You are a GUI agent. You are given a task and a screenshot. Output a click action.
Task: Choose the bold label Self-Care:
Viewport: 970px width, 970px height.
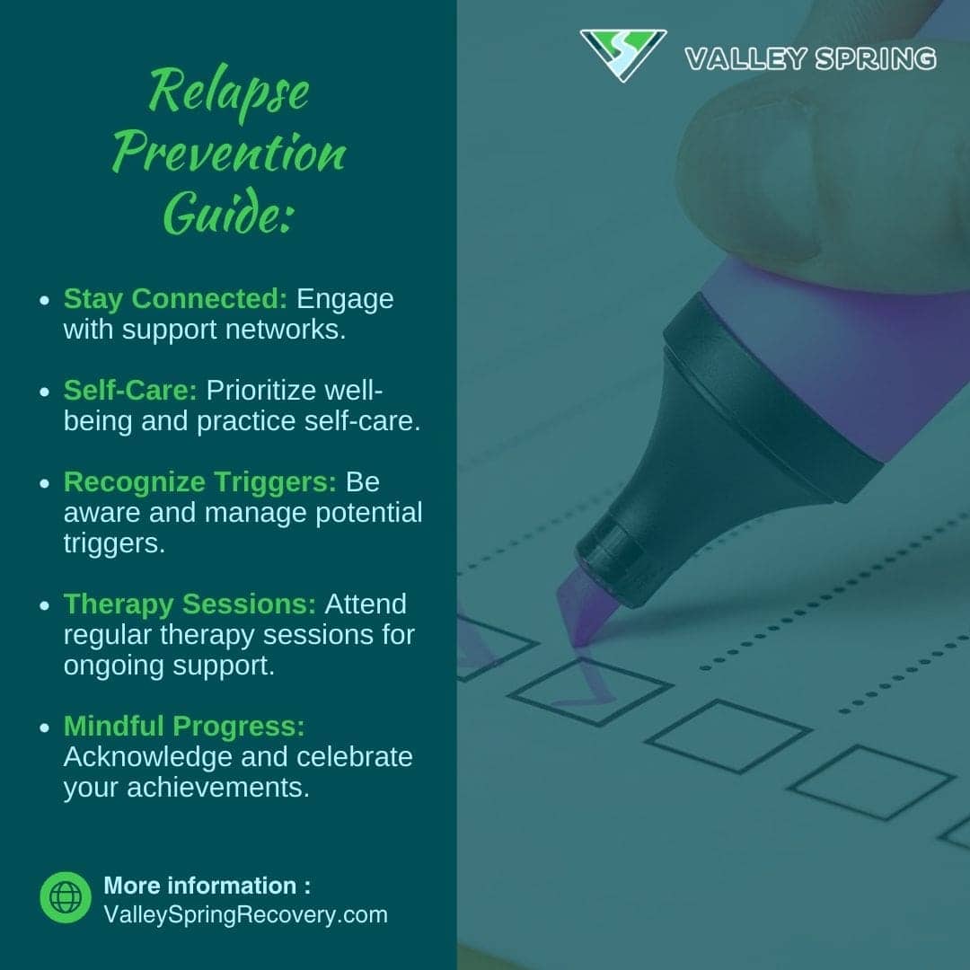click(131, 391)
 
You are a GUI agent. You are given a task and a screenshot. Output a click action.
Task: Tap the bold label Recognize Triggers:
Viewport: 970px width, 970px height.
click(199, 482)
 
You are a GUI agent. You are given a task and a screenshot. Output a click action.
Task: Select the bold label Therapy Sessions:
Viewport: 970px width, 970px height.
click(190, 604)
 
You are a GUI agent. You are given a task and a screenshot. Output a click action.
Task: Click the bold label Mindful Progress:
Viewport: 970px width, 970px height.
click(184, 726)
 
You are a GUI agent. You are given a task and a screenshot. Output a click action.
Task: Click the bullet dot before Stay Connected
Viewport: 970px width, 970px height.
click(44, 301)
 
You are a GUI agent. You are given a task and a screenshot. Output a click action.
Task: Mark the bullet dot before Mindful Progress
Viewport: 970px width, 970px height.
click(44, 727)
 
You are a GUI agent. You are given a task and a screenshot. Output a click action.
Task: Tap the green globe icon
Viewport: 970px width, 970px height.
click(66, 897)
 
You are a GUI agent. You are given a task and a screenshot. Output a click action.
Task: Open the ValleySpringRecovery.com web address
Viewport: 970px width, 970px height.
click(245, 915)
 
